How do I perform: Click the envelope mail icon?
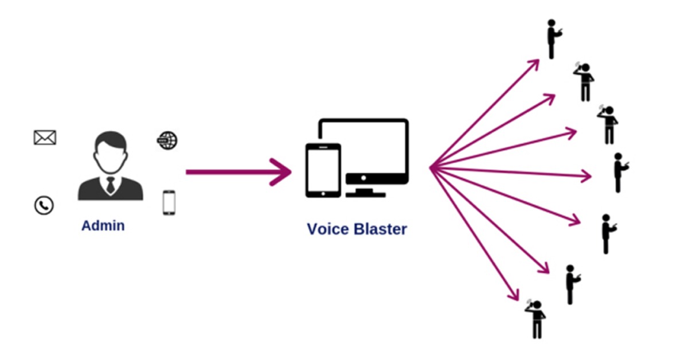(x=45, y=138)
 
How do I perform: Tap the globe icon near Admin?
(x=167, y=140)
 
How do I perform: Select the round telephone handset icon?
(x=44, y=205)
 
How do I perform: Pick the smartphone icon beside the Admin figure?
(x=168, y=202)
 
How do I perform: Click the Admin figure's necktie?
(x=110, y=183)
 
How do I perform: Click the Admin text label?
(x=103, y=225)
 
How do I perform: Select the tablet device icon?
(x=323, y=170)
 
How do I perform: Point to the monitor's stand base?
(x=365, y=192)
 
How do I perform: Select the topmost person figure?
(x=552, y=39)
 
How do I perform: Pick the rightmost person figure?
(x=619, y=172)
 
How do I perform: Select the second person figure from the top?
(x=584, y=82)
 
